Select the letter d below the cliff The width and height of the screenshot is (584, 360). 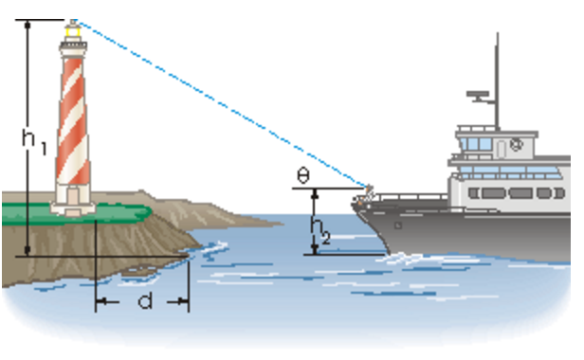pyautogui.click(x=145, y=301)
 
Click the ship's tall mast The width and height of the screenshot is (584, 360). pyautogui.click(x=494, y=76)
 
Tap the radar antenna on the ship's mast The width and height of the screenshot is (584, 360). pyautogui.click(x=479, y=95)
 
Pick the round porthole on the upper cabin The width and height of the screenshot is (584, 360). pyautogui.click(x=516, y=145)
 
